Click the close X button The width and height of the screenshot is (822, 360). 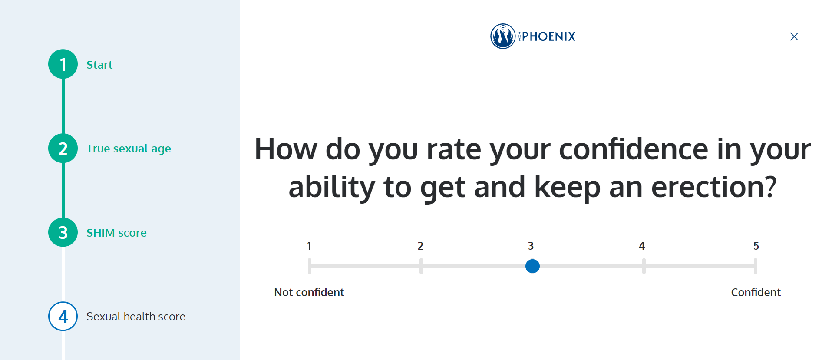pos(794,36)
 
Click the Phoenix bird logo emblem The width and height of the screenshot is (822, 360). pos(503,36)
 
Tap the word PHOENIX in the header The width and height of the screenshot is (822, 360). pos(549,36)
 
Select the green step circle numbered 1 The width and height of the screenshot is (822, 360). pos(63,64)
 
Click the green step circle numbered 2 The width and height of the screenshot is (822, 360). pos(63,149)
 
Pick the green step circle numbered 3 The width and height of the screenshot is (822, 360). pos(63,232)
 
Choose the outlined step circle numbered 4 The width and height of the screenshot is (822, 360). pos(63,316)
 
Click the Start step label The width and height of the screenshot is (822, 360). pos(99,65)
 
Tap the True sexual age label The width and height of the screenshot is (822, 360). pos(129,149)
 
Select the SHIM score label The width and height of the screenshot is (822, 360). pos(116,233)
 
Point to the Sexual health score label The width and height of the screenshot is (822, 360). pos(136,317)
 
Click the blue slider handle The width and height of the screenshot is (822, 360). pos(532,266)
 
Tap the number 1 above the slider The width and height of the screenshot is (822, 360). pos(309,246)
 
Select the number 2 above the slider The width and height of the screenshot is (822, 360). pos(420,246)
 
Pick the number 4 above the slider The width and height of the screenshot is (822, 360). pos(642,246)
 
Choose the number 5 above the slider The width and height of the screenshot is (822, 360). pos(756,246)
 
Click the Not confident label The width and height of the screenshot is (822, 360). pos(309,292)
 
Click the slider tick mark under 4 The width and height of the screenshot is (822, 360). pos(644,266)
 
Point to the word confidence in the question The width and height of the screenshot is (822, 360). pos(634,149)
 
